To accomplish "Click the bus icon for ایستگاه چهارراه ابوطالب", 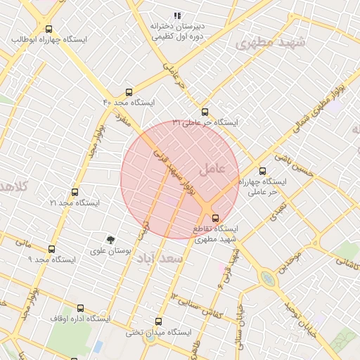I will [49, 30].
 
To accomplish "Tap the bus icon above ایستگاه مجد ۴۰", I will [128, 92].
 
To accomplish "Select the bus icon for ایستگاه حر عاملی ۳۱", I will [205, 112].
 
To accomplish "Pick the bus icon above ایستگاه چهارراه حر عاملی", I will [263, 171].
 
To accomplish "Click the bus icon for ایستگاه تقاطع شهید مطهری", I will [215, 217].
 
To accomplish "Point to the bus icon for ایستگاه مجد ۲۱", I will [75, 192].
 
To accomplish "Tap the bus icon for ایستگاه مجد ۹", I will [51, 249].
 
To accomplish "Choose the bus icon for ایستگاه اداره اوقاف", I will [79, 308].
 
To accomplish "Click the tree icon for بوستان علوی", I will [110, 240].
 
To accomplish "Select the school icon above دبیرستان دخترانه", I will [177, 15].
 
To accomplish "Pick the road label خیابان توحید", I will [303, 316].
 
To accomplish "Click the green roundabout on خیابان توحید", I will [268, 278].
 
